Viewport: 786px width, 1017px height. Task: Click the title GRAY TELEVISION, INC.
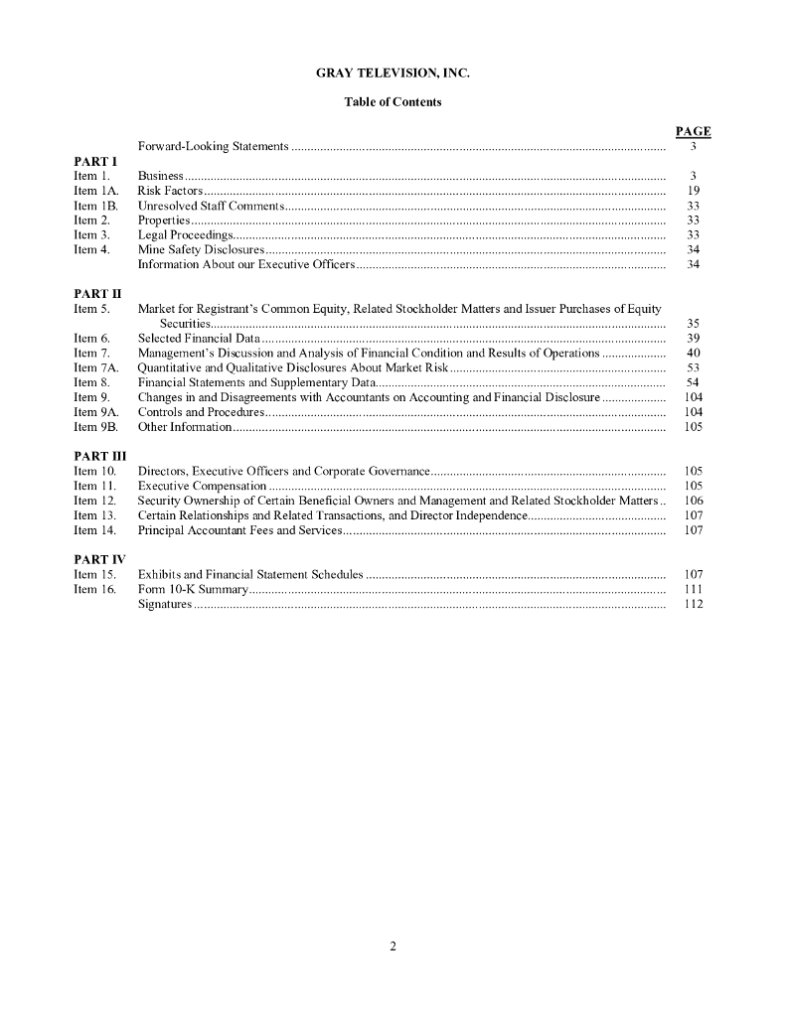click(393, 73)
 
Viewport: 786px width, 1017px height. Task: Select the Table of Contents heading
click(393, 102)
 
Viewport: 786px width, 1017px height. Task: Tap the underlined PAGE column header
click(693, 132)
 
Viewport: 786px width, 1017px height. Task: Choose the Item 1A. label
click(95, 190)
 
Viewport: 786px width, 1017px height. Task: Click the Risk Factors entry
click(170, 190)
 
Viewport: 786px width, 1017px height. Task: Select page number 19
click(694, 190)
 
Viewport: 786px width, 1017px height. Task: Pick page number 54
click(694, 382)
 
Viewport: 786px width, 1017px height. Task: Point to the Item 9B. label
click(95, 427)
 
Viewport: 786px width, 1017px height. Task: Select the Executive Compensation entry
click(202, 486)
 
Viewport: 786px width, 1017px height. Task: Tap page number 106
click(694, 501)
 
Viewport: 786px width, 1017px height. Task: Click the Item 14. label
click(95, 530)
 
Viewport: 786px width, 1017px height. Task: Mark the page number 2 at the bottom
click(393, 946)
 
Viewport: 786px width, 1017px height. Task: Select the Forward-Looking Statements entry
click(214, 146)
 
